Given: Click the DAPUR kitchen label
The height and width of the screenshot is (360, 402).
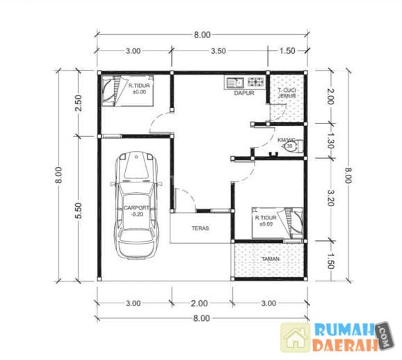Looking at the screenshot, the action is click(x=244, y=93).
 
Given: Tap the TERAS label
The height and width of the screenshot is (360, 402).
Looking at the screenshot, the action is click(x=200, y=228).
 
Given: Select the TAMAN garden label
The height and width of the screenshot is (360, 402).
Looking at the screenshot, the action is click(x=271, y=259).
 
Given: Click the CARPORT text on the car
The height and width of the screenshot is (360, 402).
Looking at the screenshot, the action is click(x=136, y=208).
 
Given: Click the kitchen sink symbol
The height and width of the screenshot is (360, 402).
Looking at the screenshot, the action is click(x=235, y=83).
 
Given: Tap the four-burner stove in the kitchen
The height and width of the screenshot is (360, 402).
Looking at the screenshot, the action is click(x=255, y=82).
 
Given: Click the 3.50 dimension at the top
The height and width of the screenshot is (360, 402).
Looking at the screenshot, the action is click(x=218, y=51).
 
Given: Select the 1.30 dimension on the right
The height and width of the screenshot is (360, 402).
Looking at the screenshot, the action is click(x=330, y=141).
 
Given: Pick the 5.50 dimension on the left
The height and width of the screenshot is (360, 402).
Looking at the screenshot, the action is click(x=79, y=210).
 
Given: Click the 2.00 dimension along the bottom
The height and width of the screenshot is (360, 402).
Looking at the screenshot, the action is click(x=199, y=304).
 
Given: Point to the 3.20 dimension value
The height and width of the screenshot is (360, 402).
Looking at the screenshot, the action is click(x=330, y=198).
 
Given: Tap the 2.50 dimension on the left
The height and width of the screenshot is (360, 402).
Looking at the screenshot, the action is click(x=79, y=103).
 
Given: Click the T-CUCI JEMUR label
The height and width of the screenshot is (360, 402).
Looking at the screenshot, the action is click(x=287, y=93).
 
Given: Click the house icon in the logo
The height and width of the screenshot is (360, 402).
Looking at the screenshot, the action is click(x=296, y=338).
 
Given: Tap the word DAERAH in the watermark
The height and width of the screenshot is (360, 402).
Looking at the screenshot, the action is click(x=345, y=345).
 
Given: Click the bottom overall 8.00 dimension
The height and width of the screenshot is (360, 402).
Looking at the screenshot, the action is click(x=202, y=318).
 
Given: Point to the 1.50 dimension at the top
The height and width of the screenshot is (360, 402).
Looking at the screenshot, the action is click(x=287, y=51).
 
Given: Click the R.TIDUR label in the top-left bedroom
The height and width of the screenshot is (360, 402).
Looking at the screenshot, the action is click(x=139, y=86).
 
